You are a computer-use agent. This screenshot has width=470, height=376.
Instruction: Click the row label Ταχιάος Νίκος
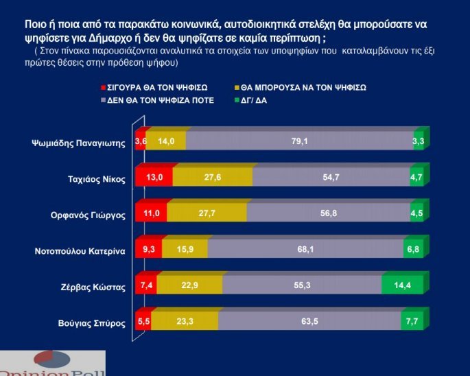(96, 179)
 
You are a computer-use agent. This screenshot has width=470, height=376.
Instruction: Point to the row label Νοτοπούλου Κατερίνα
(80, 251)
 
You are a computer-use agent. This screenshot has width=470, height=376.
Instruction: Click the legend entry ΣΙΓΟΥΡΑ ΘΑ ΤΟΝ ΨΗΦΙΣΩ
(157, 88)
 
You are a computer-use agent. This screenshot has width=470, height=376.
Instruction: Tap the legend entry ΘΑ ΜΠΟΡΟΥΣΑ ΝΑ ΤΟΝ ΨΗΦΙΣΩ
(303, 88)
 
